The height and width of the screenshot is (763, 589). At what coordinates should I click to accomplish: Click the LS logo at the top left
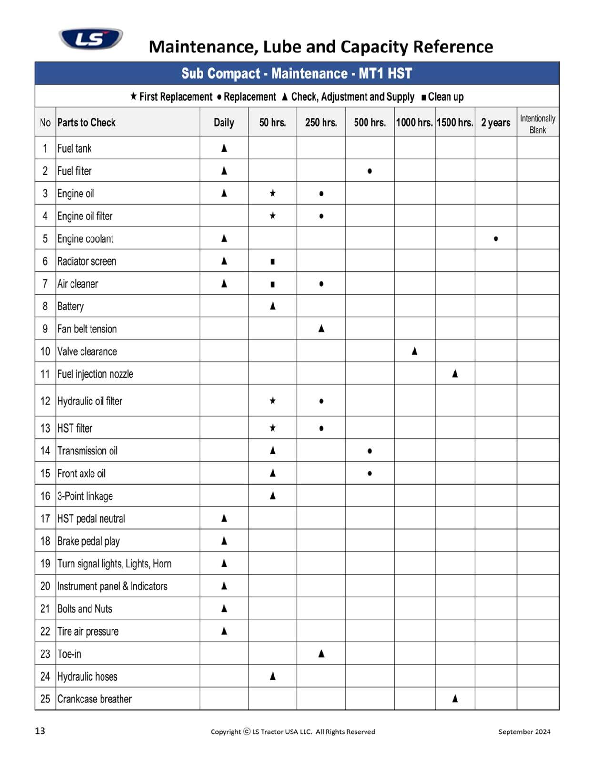tap(91, 38)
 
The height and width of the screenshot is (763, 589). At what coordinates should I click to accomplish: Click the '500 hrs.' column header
tap(369, 123)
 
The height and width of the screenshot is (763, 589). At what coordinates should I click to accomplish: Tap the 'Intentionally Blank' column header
tap(538, 124)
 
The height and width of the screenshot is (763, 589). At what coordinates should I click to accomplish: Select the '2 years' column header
tap(496, 123)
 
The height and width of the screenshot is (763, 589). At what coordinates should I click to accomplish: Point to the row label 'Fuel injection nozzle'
tap(95, 374)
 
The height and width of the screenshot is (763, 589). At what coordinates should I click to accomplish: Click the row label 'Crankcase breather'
tap(94, 699)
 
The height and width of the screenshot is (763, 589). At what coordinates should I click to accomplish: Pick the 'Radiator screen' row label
tap(87, 261)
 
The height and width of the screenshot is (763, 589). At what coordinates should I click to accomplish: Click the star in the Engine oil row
tap(273, 193)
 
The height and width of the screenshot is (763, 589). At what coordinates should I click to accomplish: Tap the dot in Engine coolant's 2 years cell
tap(496, 238)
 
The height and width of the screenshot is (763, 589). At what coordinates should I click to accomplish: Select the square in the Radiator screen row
tap(273, 262)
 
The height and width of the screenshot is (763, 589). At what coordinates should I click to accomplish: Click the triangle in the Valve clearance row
tap(415, 351)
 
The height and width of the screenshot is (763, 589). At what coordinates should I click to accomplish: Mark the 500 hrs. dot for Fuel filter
tap(370, 171)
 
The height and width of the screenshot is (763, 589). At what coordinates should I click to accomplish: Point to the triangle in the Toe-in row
tap(321, 653)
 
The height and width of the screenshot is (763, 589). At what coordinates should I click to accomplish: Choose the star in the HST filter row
tap(273, 428)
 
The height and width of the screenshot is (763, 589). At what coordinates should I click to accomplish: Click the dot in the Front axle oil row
tap(370, 474)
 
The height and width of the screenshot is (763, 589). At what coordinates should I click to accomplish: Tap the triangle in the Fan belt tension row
tap(321, 329)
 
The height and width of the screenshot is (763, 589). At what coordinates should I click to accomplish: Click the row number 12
tap(45, 401)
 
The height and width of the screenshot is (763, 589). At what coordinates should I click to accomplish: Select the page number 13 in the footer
tap(40, 731)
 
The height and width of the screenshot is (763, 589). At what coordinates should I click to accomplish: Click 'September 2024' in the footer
tap(524, 732)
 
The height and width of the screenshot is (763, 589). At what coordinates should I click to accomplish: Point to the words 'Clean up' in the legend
tap(446, 97)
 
